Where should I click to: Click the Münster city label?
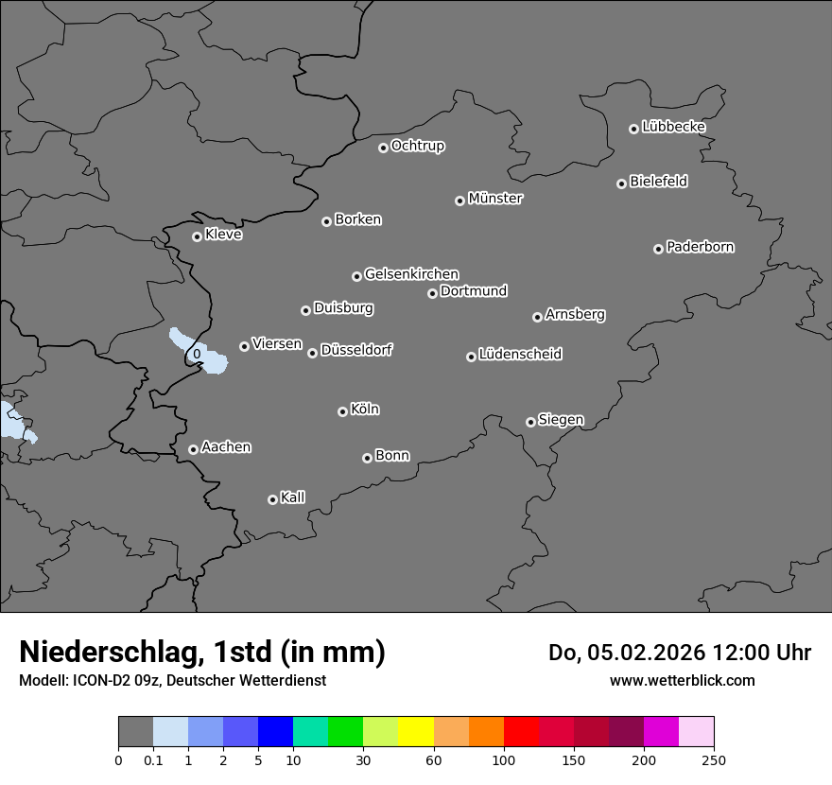click(495, 199)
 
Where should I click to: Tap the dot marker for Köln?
click(342, 411)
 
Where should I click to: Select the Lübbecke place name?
click(673, 127)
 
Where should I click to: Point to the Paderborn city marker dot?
click(658, 249)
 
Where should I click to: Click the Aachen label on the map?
click(226, 447)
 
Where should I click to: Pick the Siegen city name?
click(561, 420)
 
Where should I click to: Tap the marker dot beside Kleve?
click(197, 236)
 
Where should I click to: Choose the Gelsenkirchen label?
click(411, 274)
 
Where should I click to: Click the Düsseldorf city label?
click(356, 350)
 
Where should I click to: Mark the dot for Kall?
click(272, 499)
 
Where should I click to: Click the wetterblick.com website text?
click(682, 680)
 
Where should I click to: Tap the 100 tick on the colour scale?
click(504, 759)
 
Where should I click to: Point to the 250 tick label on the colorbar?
click(714, 759)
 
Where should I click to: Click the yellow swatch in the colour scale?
click(416, 732)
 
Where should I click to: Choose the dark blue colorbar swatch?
click(275, 732)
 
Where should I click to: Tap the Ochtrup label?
click(418, 146)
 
